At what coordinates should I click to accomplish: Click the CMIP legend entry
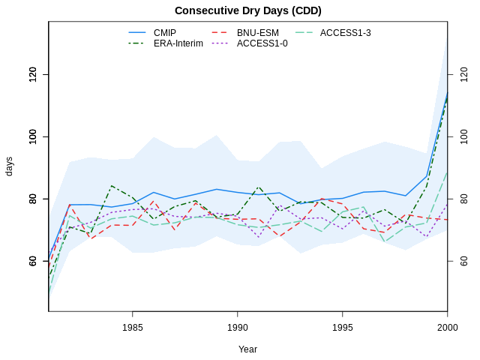click(x=165, y=33)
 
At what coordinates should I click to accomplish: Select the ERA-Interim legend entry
click(x=178, y=43)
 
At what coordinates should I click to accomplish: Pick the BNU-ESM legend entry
click(x=257, y=33)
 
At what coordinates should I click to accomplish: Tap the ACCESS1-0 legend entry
click(x=262, y=43)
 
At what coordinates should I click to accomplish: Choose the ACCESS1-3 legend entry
click(x=345, y=33)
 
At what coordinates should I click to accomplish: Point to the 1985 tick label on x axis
click(x=133, y=327)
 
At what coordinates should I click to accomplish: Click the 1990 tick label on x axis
click(x=238, y=327)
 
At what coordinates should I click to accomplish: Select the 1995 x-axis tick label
click(x=343, y=327)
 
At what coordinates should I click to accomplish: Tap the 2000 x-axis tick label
click(x=447, y=327)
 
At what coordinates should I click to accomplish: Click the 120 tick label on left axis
click(x=33, y=74)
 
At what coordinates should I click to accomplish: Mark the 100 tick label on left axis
click(x=33, y=136)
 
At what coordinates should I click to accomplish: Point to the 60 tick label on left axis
click(x=33, y=261)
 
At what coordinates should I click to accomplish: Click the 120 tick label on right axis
click(x=463, y=74)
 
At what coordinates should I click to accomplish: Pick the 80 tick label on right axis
click(x=463, y=199)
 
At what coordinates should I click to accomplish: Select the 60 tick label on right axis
click(x=463, y=261)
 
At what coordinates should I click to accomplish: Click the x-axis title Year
click(x=247, y=349)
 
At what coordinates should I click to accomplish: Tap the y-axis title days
click(x=10, y=166)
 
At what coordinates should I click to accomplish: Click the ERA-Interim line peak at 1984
click(x=112, y=185)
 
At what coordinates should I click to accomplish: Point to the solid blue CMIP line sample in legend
click(x=137, y=33)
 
